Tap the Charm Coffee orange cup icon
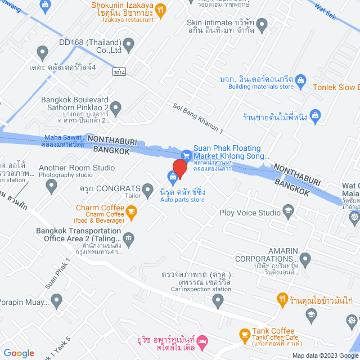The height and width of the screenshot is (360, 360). pyautogui.click(x=132, y=211)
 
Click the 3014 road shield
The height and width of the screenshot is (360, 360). pyautogui.click(x=119, y=72)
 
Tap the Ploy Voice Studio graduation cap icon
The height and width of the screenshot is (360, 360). pyautogui.click(x=289, y=210)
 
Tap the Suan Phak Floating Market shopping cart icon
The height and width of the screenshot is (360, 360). pyautogui.click(x=186, y=155)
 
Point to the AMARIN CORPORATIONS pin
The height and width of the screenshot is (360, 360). pyautogui.click(x=305, y=260)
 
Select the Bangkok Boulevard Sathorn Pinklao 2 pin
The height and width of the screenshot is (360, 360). pyautogui.click(x=116, y=107)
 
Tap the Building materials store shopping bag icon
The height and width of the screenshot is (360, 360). pyautogui.click(x=299, y=79)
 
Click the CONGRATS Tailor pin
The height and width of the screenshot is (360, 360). pyautogui.click(x=148, y=189)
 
